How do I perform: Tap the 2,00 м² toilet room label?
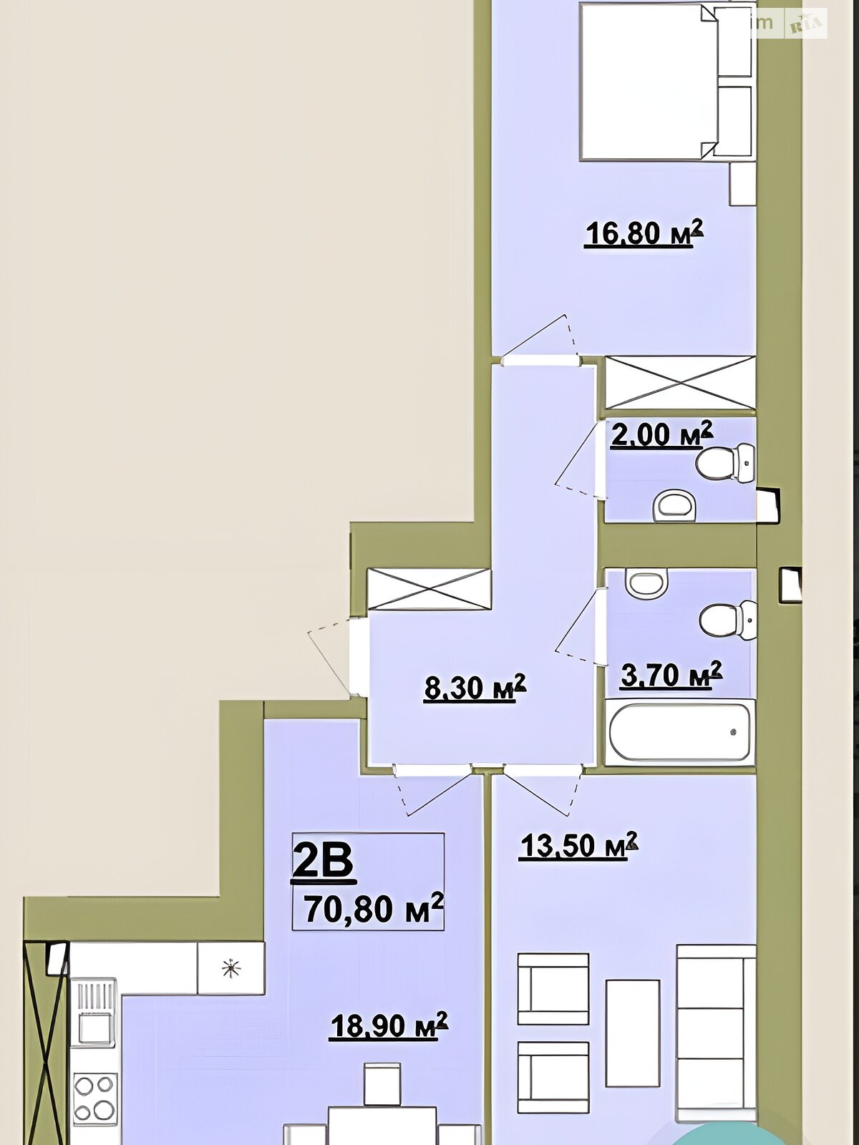(661, 434)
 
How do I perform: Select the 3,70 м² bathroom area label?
(671, 675)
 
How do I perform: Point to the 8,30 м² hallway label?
(475, 688)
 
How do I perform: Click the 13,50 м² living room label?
(578, 846)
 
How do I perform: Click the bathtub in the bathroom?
(680, 731)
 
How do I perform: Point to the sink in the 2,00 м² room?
(674, 505)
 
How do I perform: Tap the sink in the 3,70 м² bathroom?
(646, 584)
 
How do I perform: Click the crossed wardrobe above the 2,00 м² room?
(680, 382)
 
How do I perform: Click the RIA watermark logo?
(806, 24)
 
